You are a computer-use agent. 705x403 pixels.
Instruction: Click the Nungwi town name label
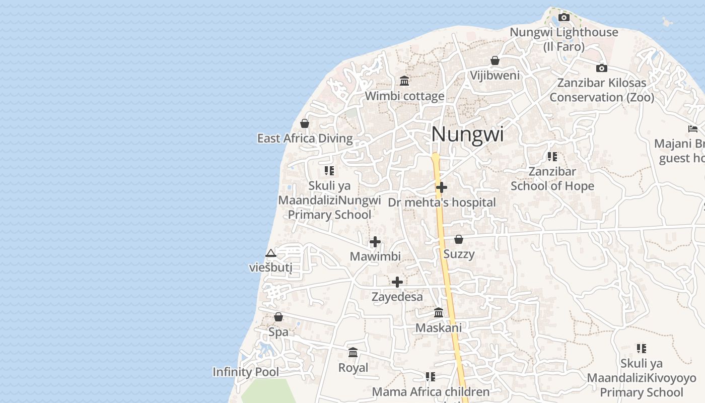(467, 135)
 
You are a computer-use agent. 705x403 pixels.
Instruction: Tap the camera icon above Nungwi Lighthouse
(564, 18)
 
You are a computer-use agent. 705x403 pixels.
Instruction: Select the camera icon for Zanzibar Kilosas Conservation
(601, 68)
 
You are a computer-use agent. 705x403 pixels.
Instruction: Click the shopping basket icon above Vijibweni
(495, 60)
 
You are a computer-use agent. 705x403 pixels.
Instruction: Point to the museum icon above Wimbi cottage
(404, 81)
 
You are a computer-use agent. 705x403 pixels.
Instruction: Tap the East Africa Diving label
(305, 139)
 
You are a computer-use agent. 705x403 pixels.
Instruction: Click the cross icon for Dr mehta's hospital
(442, 187)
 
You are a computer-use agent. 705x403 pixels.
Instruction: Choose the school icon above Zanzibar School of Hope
(552, 157)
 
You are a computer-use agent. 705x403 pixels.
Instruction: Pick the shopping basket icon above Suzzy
(459, 239)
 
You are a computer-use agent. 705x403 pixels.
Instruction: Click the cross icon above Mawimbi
(375, 242)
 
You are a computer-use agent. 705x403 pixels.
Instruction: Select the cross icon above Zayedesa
(397, 282)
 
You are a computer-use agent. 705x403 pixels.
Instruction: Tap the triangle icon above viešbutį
(271, 253)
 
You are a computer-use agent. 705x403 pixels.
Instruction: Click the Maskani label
(438, 328)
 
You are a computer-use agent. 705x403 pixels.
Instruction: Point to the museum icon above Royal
(353, 353)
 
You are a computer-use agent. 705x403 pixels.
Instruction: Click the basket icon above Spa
(278, 317)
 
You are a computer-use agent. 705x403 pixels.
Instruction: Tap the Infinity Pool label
(246, 372)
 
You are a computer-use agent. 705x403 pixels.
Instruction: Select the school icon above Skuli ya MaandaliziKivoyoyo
(641, 348)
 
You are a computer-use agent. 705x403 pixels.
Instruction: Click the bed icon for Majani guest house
(693, 129)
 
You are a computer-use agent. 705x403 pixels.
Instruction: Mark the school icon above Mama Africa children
(430, 376)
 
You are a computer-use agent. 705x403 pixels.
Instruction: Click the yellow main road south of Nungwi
(445, 272)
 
